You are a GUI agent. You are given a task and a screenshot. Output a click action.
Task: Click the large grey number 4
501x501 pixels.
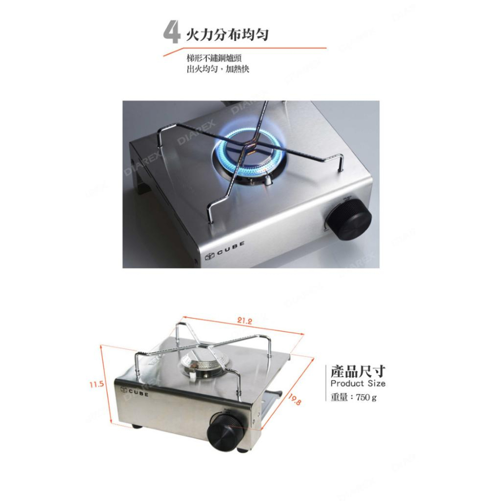pyautogui.click(x=172, y=34)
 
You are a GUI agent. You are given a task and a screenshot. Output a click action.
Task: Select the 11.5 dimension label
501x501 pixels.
pyautogui.click(x=96, y=384)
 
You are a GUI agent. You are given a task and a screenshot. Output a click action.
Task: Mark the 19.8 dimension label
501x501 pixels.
pyautogui.click(x=295, y=399)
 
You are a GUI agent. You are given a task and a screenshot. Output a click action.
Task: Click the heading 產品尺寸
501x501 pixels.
pyautogui.click(x=358, y=371)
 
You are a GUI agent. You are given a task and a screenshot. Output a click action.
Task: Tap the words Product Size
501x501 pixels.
pyautogui.click(x=358, y=384)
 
